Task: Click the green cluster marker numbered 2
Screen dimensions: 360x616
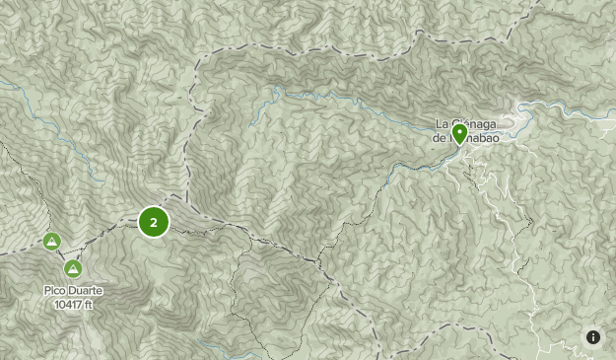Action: [154, 222]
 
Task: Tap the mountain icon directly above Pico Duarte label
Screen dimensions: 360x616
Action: [73, 268]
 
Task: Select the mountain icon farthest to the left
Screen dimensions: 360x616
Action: [51, 241]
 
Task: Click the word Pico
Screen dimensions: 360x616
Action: [55, 291]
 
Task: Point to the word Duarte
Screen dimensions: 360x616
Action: [86, 291]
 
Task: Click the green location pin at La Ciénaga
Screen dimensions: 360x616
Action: [459, 133]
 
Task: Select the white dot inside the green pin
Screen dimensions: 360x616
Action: [459, 130]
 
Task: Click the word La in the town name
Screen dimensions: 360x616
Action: [442, 123]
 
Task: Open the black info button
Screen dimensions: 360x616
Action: [593, 337]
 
